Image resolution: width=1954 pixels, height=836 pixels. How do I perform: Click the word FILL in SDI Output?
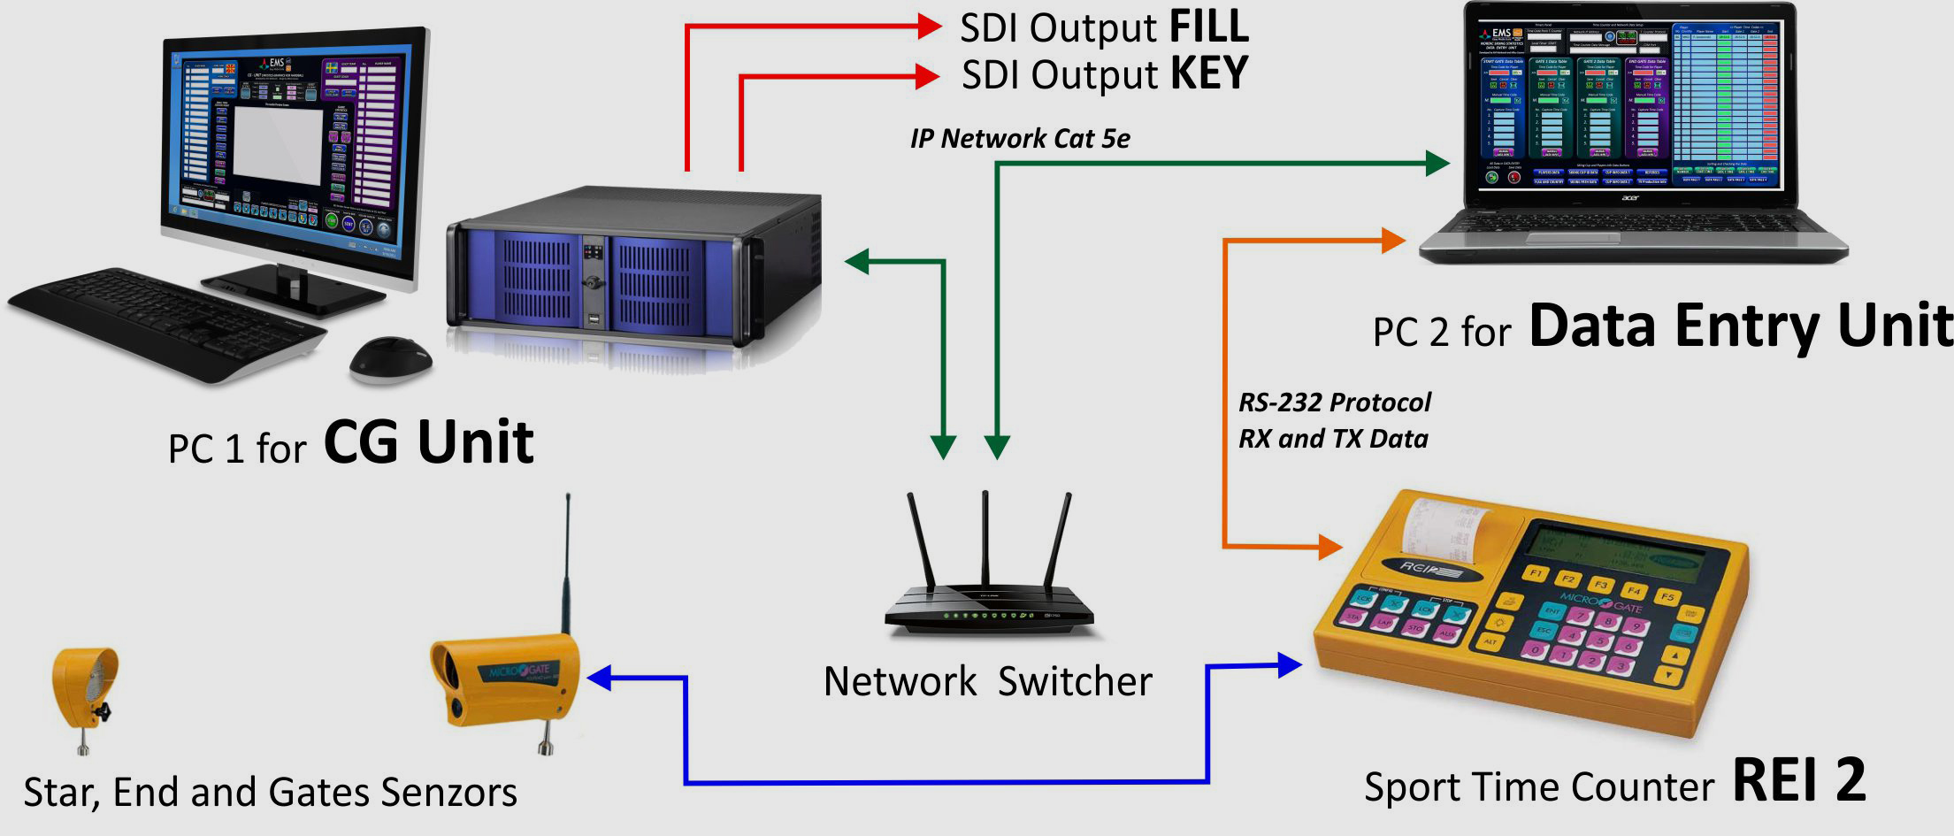[1208, 27]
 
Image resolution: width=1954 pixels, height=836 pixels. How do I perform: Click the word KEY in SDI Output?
[1208, 74]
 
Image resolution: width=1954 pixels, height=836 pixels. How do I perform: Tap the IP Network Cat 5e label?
[1019, 139]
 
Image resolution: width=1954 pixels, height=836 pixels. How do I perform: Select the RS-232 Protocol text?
[1334, 403]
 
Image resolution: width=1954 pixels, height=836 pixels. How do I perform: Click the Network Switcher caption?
[987, 682]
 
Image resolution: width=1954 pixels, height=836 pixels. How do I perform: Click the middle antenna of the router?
[985, 540]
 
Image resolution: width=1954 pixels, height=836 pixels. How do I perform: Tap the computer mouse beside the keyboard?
[390, 359]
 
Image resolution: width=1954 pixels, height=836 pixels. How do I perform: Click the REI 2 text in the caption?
[1798, 780]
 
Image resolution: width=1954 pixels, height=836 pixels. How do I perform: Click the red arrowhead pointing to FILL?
[929, 27]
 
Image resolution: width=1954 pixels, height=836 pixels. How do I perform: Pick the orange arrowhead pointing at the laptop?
[1393, 240]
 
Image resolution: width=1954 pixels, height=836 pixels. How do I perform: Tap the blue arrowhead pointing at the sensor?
[600, 679]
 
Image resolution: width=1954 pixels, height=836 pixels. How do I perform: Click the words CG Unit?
[428, 442]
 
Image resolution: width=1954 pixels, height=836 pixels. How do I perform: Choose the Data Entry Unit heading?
[1740, 326]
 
